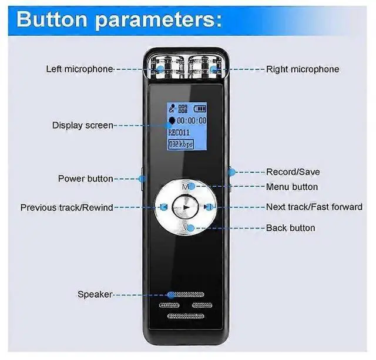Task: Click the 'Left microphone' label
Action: tap(79, 69)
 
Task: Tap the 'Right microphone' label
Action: tap(303, 69)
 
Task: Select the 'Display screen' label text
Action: tap(82, 125)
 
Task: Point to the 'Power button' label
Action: tap(85, 178)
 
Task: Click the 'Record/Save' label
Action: tap(293, 172)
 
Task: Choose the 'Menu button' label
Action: tap(292, 187)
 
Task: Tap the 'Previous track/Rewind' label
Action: tap(66, 207)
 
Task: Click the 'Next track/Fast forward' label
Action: tap(314, 207)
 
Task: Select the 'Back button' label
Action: tap(290, 228)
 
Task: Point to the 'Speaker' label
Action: tap(95, 294)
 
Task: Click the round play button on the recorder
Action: tap(186, 207)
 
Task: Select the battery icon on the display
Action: tap(200, 108)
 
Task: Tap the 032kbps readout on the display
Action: tap(181, 143)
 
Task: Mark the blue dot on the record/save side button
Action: tap(232, 172)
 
